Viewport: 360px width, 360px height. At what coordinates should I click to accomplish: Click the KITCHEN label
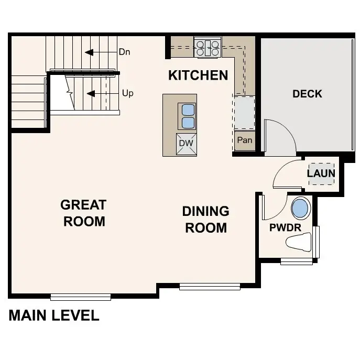click(x=198, y=75)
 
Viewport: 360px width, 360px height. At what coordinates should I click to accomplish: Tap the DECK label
click(x=307, y=94)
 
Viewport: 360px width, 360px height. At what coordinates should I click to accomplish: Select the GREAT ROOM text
click(x=84, y=213)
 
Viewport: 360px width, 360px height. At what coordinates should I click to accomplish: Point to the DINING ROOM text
click(x=205, y=220)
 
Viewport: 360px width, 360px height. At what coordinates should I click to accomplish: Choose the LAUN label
click(x=321, y=173)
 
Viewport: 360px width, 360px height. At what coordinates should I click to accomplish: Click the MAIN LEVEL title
click(x=54, y=315)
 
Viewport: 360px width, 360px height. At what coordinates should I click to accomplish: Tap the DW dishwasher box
click(x=187, y=144)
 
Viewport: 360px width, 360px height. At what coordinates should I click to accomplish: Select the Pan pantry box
click(x=245, y=140)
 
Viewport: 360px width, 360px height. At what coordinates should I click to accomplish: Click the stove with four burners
click(x=208, y=48)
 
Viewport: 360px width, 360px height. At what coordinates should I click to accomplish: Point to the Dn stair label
click(x=125, y=52)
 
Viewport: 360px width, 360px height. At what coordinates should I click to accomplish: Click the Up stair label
click(x=127, y=93)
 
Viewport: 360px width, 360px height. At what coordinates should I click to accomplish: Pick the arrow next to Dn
click(x=96, y=52)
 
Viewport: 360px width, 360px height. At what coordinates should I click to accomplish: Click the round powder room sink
click(x=300, y=209)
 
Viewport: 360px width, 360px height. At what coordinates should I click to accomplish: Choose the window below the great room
click(x=81, y=297)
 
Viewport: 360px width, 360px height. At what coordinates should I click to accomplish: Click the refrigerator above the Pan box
click(x=245, y=112)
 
